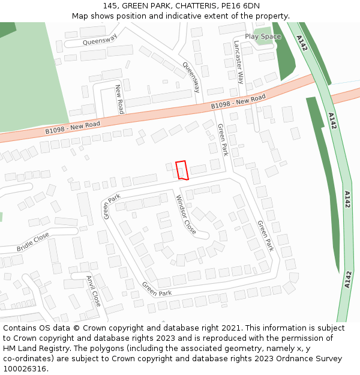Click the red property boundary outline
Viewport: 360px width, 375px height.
(x=182, y=170)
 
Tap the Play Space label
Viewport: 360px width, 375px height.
(x=263, y=37)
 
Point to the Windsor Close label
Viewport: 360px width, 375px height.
(x=185, y=214)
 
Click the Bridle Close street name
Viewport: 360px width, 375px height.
(x=33, y=242)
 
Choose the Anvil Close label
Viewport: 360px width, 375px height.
(x=92, y=290)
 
